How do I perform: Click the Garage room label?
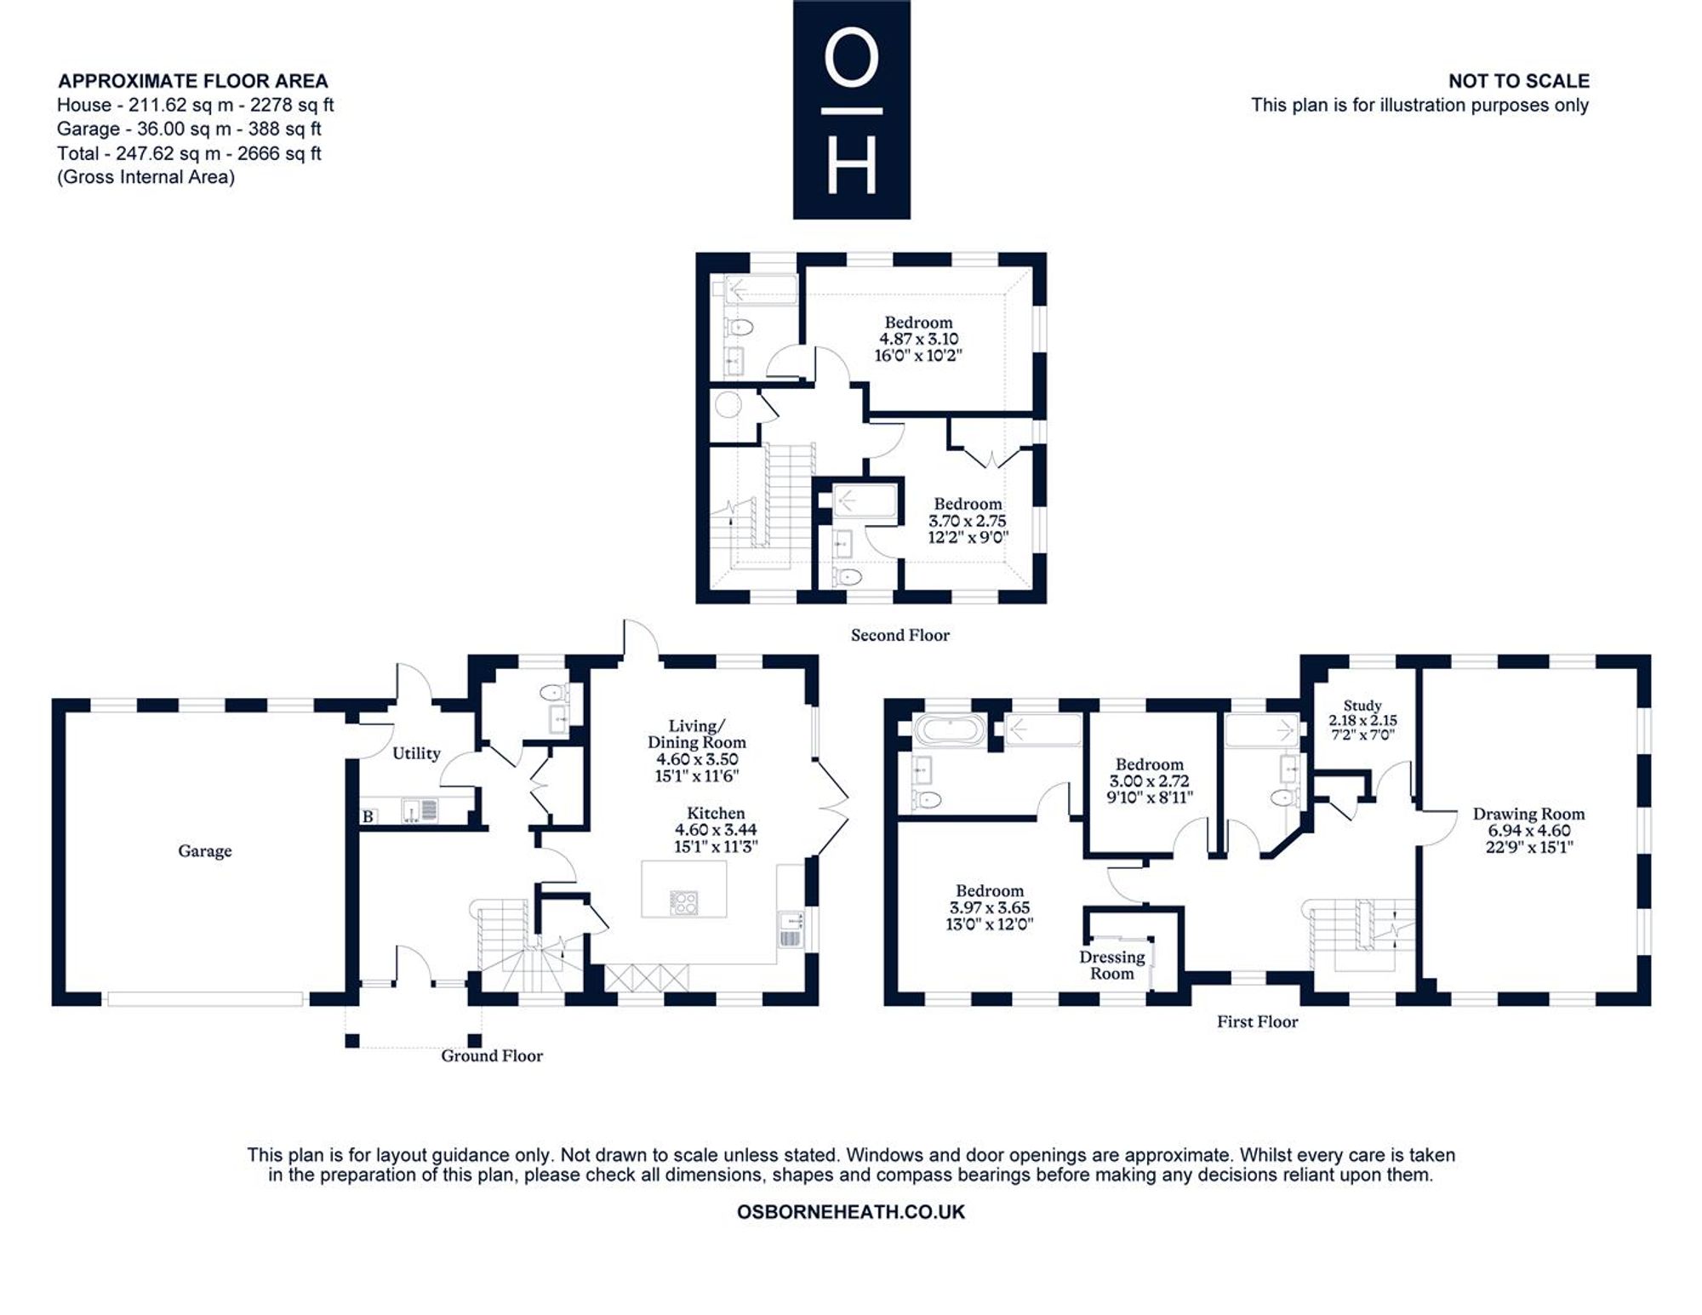tap(204, 851)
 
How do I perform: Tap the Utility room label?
tap(416, 753)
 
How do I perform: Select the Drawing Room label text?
tap(1529, 814)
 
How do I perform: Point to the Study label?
tap(1362, 706)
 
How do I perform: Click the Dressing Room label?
tap(1112, 965)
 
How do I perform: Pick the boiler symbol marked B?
tap(368, 816)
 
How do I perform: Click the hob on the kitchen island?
tap(684, 902)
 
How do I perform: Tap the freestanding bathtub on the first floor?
tap(949, 730)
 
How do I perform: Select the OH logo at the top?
tap(852, 110)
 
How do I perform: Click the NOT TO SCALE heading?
tap(1519, 81)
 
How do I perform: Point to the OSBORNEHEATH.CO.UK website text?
tap(851, 1212)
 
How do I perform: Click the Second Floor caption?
tap(900, 635)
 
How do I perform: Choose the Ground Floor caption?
tap(492, 1055)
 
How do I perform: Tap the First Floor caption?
tap(1258, 1021)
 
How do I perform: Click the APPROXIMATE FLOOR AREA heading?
tap(193, 81)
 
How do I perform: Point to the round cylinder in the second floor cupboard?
tap(728, 405)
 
